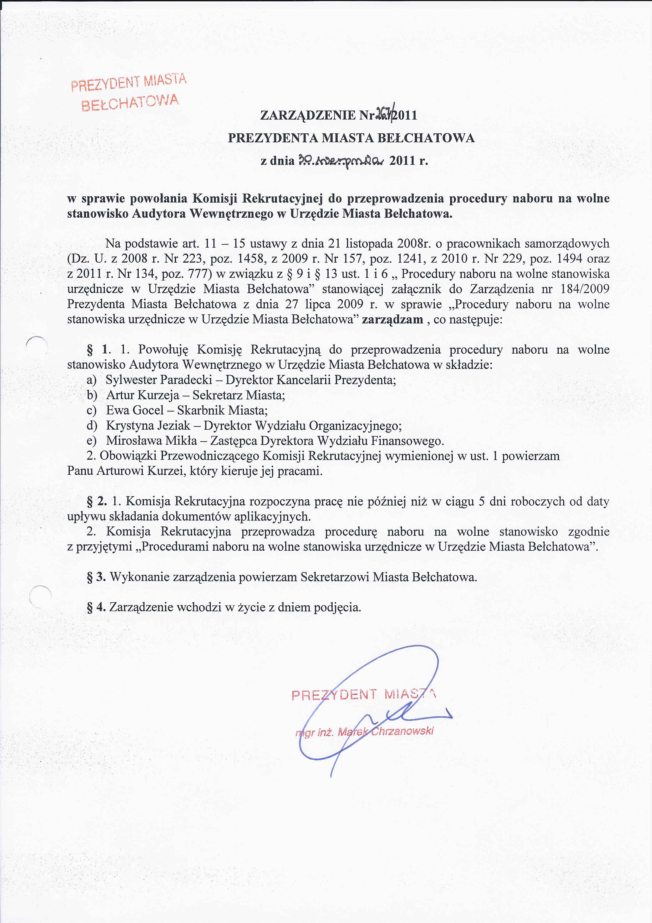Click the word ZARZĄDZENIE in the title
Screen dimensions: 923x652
point(308,116)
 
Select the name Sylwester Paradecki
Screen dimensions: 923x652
point(159,380)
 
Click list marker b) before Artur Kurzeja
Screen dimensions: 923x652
point(92,395)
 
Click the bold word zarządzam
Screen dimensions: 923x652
point(393,320)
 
